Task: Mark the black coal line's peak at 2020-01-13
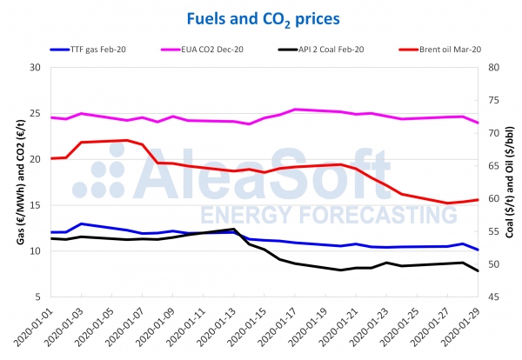[233, 229]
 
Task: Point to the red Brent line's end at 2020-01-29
[478, 200]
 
